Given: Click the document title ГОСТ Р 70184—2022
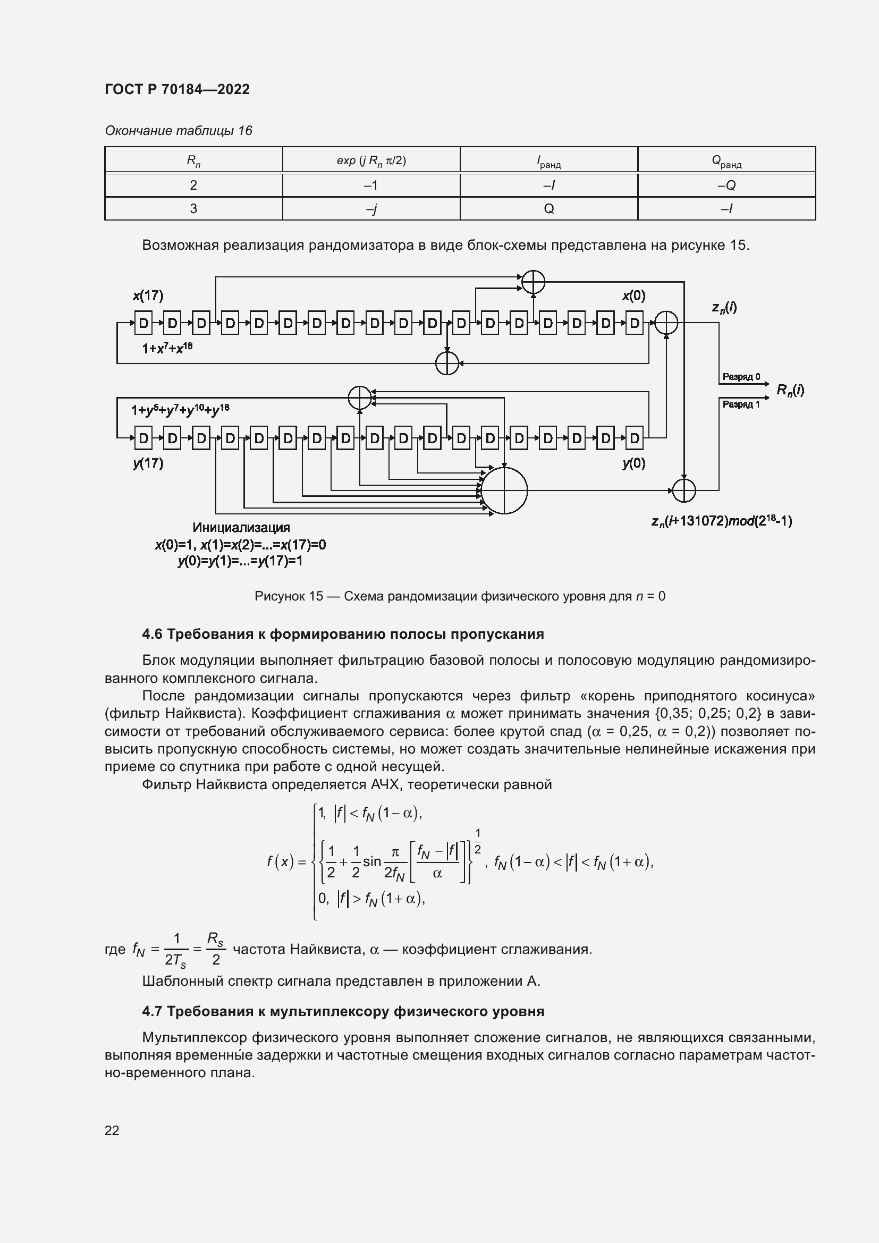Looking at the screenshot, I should pos(177,89).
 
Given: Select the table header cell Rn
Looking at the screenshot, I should pos(193,160).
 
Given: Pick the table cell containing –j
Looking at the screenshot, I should pos(371,209).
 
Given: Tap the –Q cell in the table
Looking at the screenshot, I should pos(726,185).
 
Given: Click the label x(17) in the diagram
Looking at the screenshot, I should pos(148,295).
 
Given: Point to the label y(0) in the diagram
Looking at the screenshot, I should pos(633,463).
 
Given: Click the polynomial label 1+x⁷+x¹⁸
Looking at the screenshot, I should pos(167,348).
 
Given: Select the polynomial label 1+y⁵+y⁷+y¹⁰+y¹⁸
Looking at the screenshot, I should pos(180,410).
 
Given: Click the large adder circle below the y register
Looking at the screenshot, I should pos(504,491).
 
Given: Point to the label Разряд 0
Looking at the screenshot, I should pos(741,377).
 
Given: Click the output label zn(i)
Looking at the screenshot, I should pos(724,308).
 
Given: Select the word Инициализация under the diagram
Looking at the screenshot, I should pos(241,527).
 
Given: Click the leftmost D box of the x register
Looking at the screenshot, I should pos(143,323).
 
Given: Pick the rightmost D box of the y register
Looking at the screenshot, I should pos(635,437).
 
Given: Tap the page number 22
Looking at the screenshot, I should pos(112,1130).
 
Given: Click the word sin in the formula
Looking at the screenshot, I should pos(372,861).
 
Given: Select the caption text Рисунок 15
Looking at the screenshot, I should pos(289,597).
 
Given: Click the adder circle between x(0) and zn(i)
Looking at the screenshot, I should pos(666,323).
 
